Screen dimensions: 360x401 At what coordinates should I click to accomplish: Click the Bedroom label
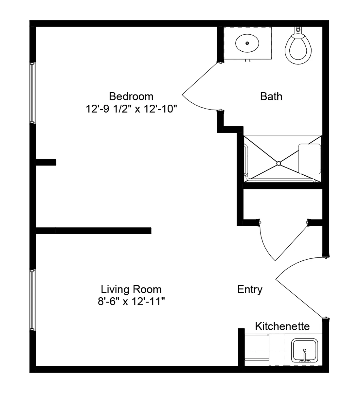[x=131, y=96]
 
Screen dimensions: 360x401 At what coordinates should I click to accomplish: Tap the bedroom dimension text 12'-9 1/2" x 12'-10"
[x=131, y=109]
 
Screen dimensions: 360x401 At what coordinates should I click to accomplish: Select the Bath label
[x=271, y=96]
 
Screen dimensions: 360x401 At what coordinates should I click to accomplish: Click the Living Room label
[x=131, y=289]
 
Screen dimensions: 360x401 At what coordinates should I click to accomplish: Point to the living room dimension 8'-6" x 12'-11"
[x=131, y=302]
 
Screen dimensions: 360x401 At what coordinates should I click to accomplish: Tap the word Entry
[x=250, y=289]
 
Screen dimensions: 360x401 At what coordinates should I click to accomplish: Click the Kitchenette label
[x=282, y=326]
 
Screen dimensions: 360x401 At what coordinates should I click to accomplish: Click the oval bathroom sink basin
[x=247, y=43]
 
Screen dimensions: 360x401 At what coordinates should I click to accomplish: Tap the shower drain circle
[x=279, y=164]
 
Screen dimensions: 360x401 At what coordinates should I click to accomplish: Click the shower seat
[x=310, y=159]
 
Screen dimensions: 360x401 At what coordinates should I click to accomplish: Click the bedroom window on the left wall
[x=32, y=93]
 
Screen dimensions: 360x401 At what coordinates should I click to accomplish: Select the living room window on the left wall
[x=32, y=300]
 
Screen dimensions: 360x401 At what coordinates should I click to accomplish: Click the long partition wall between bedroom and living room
[x=93, y=231]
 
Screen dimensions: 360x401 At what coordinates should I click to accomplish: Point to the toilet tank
[x=298, y=30]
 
